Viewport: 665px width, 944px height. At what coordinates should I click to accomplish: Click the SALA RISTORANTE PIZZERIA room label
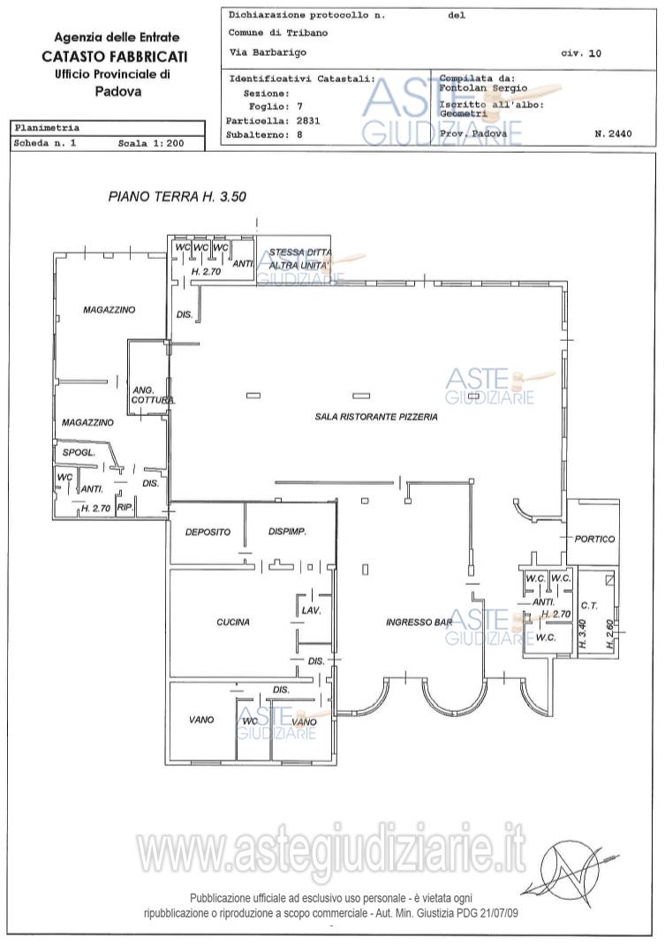(x=376, y=417)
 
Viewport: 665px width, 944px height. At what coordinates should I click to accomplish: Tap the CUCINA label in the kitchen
(x=233, y=622)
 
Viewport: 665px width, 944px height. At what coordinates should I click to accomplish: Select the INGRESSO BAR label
(x=419, y=623)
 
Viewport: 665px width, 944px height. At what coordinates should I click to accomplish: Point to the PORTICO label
(x=594, y=539)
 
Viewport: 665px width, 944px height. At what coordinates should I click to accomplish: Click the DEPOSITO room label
(x=208, y=532)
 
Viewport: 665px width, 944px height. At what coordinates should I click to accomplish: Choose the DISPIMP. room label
(x=287, y=532)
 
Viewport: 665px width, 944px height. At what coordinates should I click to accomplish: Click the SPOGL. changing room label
(x=79, y=453)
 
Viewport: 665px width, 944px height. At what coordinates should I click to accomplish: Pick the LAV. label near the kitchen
(x=312, y=610)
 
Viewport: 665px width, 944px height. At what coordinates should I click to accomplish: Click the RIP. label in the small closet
(x=125, y=508)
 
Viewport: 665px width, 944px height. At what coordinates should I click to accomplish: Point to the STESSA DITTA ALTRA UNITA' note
(x=300, y=259)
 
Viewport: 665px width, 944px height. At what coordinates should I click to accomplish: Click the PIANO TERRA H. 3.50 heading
(x=178, y=197)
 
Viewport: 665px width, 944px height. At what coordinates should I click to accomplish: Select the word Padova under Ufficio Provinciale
(x=118, y=92)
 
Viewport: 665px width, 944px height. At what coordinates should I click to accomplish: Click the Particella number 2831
(x=308, y=120)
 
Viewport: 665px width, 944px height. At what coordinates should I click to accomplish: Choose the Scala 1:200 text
(x=151, y=143)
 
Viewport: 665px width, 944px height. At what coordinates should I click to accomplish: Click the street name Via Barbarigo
(x=268, y=52)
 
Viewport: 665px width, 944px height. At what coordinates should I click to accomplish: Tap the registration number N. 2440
(x=613, y=133)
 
